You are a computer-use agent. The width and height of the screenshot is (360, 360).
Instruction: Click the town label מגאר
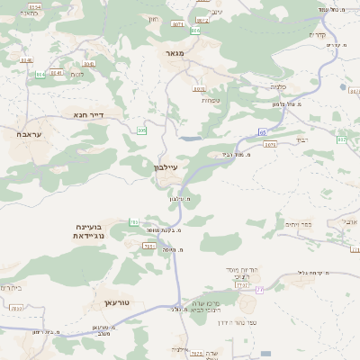(x=174, y=54)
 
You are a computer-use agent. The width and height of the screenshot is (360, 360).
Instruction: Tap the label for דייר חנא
(x=88, y=115)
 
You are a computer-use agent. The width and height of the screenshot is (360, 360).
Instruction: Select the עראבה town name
(x=29, y=133)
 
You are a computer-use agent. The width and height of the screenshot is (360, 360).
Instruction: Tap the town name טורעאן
(x=118, y=303)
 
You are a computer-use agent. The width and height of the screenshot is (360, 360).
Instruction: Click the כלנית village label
(x=278, y=86)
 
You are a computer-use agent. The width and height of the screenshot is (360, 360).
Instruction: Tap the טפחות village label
(x=212, y=100)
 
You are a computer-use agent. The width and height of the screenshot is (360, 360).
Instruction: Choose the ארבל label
(x=350, y=220)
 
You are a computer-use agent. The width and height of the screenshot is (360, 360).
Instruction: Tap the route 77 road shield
(x=259, y=289)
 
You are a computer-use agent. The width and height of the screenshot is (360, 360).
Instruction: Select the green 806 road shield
(x=194, y=31)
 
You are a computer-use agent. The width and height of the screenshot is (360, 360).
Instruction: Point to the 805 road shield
(x=141, y=130)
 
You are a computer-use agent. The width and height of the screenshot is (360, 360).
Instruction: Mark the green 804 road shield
(x=40, y=74)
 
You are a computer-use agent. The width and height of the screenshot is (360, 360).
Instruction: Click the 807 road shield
(x=342, y=139)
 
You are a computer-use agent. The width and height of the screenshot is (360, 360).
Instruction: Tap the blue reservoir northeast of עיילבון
(x=190, y=139)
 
